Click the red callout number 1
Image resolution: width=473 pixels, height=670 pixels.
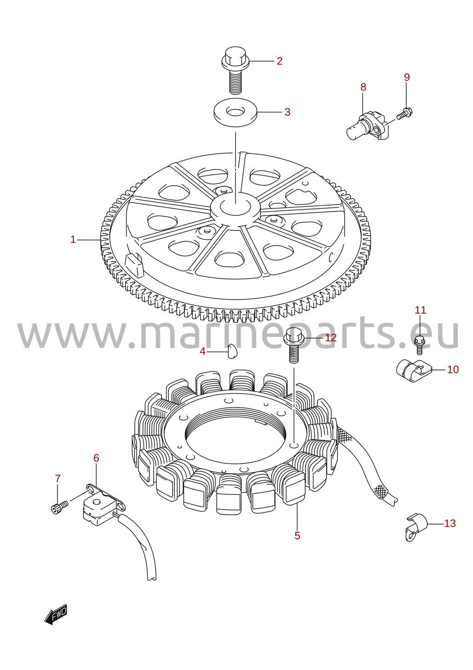(x=73, y=240)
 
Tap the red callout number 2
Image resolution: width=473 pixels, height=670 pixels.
(x=279, y=61)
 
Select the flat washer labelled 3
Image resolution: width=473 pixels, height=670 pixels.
(x=235, y=112)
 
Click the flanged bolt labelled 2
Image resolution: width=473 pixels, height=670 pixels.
(x=235, y=71)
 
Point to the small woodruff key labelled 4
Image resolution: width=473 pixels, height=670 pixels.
(x=232, y=352)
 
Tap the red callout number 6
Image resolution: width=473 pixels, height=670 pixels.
(x=96, y=458)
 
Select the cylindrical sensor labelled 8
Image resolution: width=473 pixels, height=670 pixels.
(x=368, y=126)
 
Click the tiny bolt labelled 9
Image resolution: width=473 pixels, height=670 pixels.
(x=405, y=113)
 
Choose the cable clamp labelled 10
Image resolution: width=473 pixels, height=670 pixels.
(x=414, y=371)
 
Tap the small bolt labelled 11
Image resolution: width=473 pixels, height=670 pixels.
(x=420, y=345)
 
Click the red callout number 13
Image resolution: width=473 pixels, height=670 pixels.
(x=450, y=523)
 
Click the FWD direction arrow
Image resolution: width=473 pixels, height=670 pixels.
(x=56, y=615)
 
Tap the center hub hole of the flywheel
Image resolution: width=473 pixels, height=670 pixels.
(x=236, y=206)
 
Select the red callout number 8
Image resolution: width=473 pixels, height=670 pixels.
(x=363, y=87)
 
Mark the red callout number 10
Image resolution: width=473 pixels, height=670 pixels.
(x=453, y=370)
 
